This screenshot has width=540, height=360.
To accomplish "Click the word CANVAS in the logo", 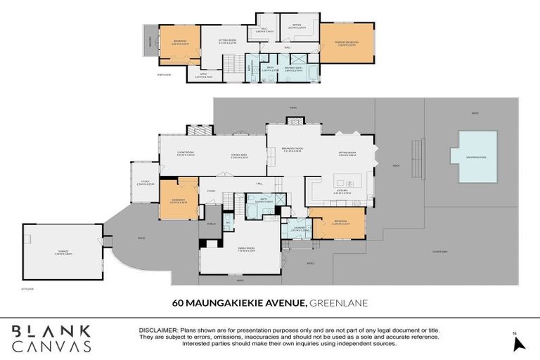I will tap(50, 347).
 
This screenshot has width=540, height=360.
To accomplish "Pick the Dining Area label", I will tap(240, 157).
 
